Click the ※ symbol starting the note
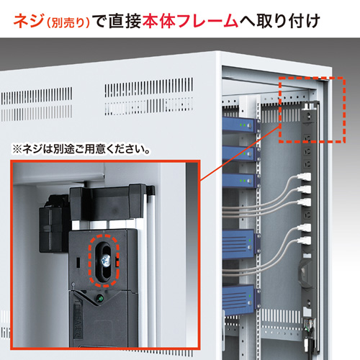point(17,151)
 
